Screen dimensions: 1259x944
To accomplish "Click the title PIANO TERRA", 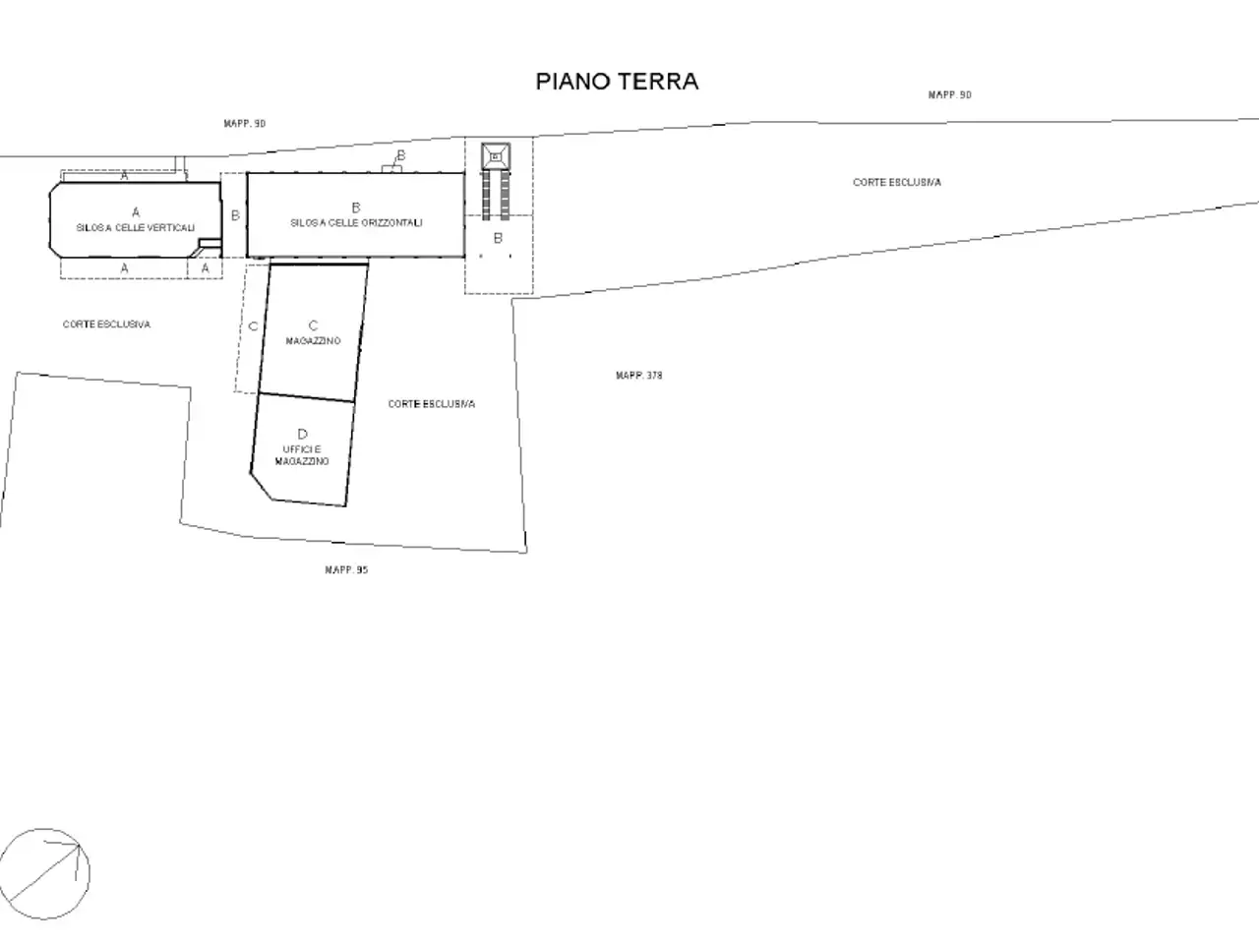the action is pos(617,82).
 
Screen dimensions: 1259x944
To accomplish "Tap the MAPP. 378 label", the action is pos(639,376).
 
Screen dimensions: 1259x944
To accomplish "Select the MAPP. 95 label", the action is pos(346,569).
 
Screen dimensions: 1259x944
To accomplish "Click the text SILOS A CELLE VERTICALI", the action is pos(136,228).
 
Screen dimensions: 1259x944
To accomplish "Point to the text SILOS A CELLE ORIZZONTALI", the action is pos(356,223).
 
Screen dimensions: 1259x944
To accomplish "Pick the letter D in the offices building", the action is pos(302,435).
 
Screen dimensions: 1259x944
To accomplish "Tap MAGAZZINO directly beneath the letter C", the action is pos(313,341).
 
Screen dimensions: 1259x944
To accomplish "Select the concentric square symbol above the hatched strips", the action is pos(496,156).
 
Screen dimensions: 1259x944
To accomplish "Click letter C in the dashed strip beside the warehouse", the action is pos(253,326).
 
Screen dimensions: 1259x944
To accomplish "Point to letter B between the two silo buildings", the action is pos(235,215).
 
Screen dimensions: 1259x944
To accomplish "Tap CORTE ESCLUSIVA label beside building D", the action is pos(432,404).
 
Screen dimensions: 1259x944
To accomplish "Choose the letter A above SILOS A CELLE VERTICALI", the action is pos(136,212).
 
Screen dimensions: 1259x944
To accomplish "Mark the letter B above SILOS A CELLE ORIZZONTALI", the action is pos(356,207).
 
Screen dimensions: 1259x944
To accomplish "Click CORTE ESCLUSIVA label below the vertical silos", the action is pos(106,324).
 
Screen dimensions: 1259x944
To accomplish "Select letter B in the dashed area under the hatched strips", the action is pos(498,238).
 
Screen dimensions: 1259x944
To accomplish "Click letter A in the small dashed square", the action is pos(206,267).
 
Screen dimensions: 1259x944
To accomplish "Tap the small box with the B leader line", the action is pos(391,169).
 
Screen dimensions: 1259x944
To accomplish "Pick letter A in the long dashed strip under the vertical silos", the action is pos(125,267).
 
